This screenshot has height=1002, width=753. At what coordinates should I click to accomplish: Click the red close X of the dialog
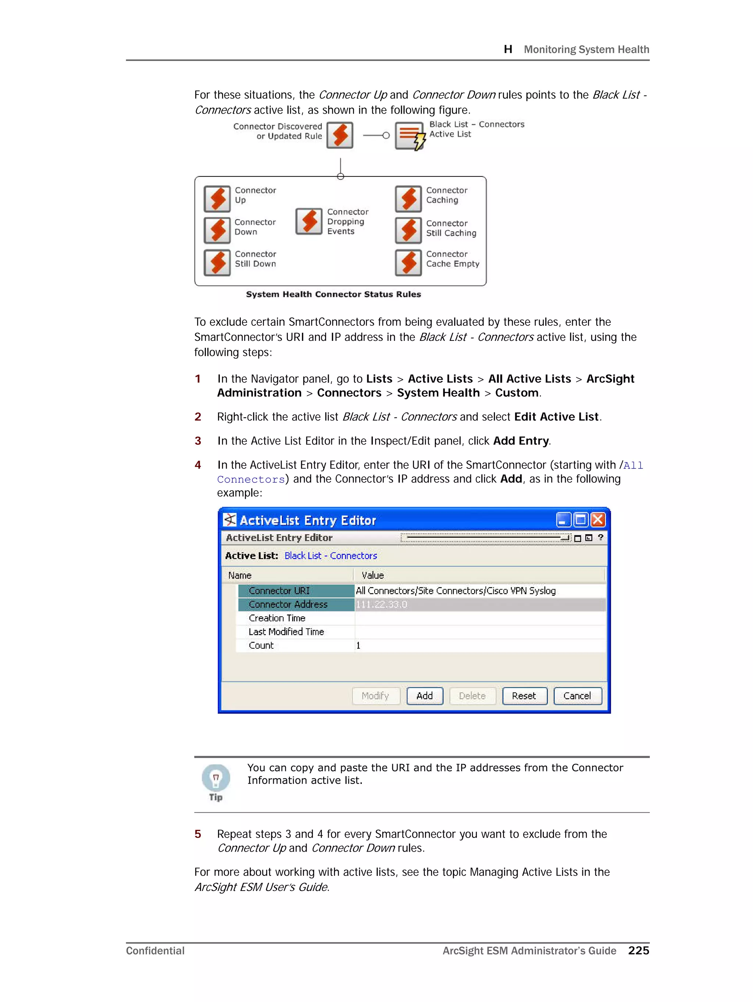[x=597, y=520]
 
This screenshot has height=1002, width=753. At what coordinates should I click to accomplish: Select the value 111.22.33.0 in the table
[x=382, y=604]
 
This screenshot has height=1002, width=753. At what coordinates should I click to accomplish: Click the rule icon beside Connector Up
[x=217, y=199]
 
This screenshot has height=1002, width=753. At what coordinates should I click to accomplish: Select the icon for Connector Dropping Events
[x=309, y=221]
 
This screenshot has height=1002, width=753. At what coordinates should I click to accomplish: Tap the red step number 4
[x=198, y=465]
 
